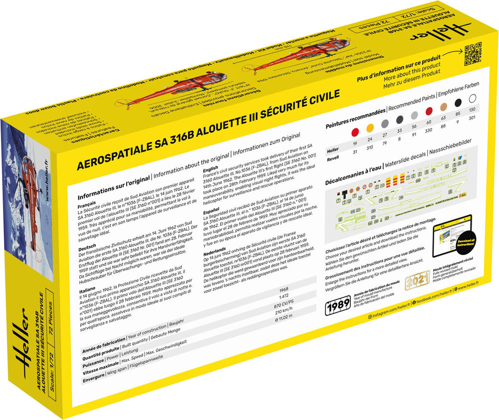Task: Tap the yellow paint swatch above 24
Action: [x=370, y=128]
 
